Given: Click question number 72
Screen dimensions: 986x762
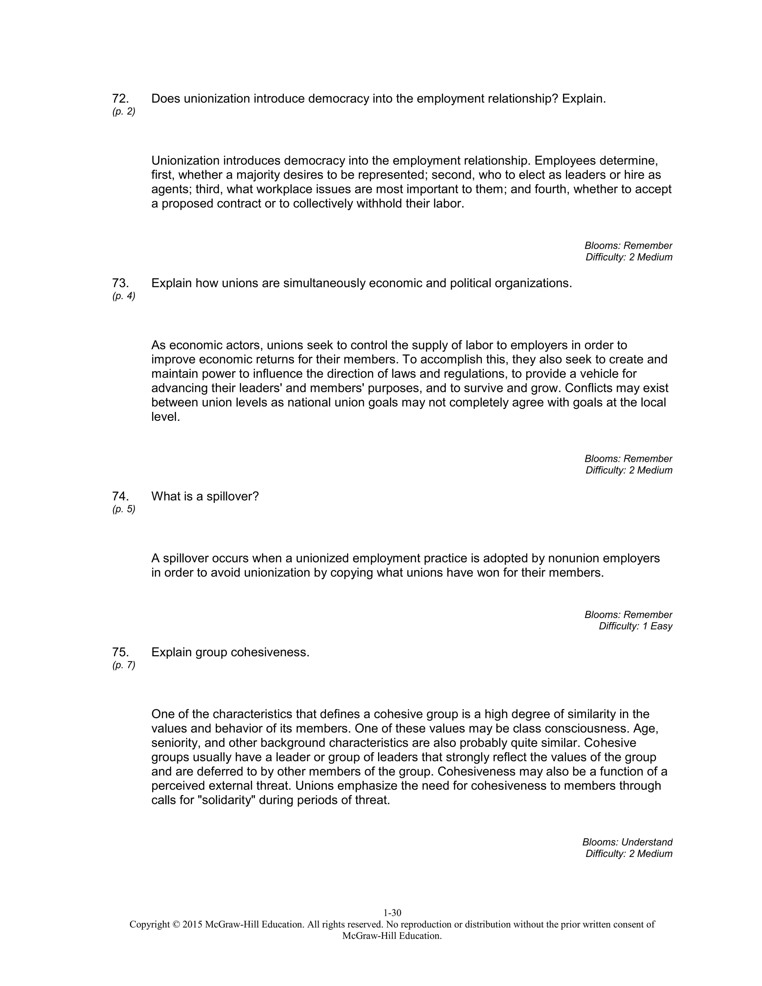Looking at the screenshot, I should point(120,99).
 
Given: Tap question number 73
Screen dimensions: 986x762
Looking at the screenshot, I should point(120,284).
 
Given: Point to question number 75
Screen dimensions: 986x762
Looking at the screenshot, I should point(120,652).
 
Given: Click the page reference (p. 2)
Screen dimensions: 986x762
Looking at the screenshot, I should point(124,112).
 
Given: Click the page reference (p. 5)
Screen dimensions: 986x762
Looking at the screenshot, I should point(124,510).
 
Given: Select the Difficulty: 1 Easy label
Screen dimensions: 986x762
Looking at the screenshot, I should point(635,626).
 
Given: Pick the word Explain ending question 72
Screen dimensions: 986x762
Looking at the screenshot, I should point(584,99).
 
